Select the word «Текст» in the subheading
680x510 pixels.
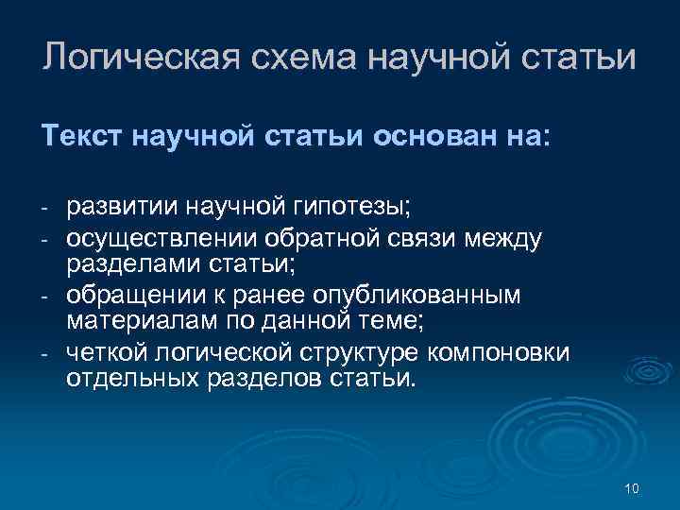76,138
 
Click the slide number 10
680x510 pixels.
632,488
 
